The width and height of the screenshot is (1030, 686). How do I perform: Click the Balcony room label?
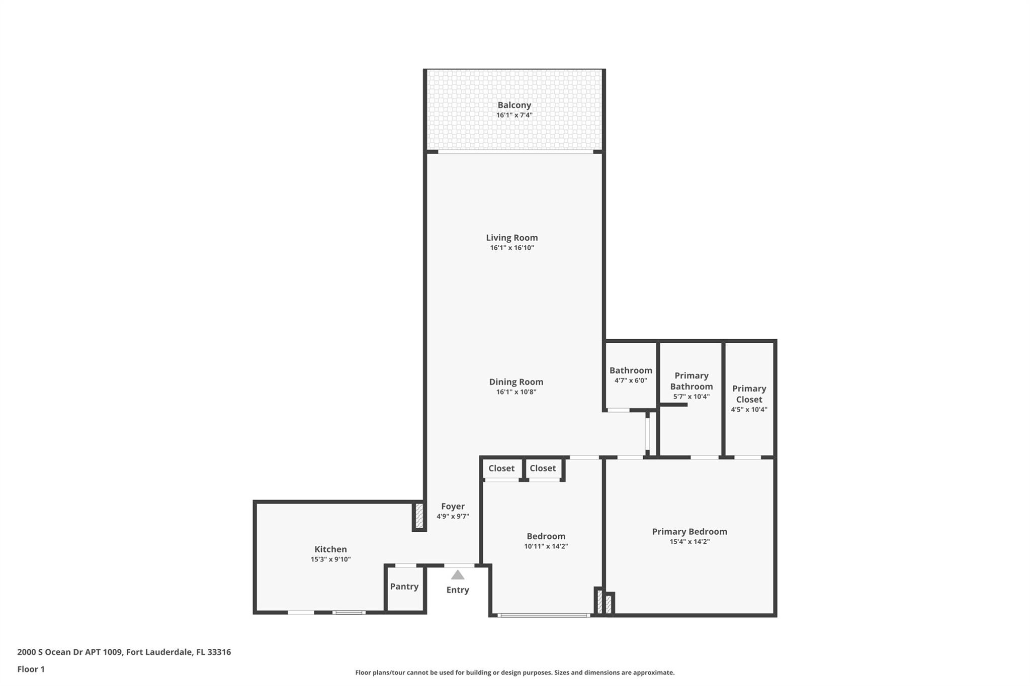[514, 105]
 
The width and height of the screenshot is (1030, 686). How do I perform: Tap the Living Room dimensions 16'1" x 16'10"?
[512, 248]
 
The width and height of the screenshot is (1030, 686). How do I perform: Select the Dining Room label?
[516, 382]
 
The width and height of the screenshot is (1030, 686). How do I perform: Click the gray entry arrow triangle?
[458, 574]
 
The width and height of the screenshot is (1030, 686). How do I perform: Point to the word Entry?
[458, 590]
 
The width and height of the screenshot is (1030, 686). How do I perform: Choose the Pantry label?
[404, 586]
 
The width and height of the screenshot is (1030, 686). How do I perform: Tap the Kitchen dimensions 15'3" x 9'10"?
[330, 559]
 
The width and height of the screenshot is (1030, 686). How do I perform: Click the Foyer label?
[453, 507]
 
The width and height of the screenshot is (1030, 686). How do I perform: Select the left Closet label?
[501, 468]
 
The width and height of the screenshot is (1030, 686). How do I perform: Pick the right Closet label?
[543, 468]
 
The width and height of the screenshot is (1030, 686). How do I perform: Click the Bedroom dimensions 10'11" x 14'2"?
[546, 546]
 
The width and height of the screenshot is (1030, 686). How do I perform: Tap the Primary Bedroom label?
[690, 532]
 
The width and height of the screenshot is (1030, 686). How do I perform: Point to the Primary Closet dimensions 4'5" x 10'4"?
[749, 410]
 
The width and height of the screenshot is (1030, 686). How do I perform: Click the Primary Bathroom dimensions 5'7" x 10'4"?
[692, 397]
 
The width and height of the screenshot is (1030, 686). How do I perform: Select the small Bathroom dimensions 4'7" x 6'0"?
[631, 380]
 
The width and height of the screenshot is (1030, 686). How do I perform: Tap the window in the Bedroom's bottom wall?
[544, 615]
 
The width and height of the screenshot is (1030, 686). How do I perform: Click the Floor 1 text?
[31, 669]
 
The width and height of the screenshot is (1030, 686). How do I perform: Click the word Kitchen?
[330, 549]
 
